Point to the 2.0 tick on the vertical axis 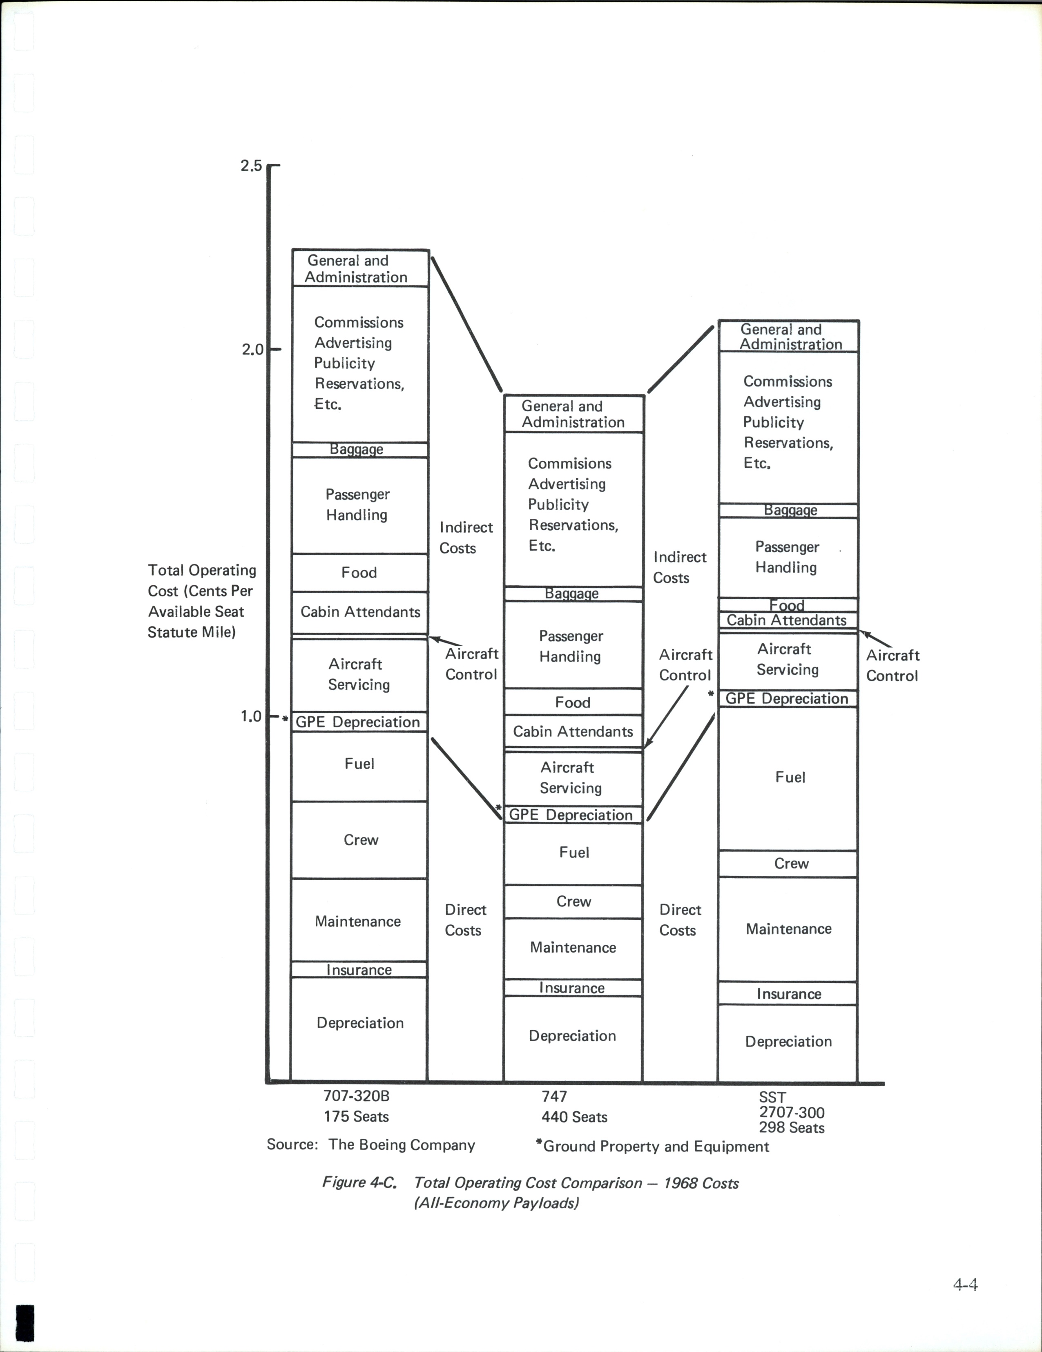pyautogui.click(x=252, y=350)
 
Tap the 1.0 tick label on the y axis pyautogui.click(x=251, y=717)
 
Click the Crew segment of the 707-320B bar pyautogui.click(x=360, y=840)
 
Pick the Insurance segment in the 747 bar pyautogui.click(x=573, y=988)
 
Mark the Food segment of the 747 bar pyautogui.click(x=573, y=703)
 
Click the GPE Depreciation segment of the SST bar pyautogui.click(x=788, y=699)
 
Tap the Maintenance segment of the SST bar pyautogui.click(x=788, y=929)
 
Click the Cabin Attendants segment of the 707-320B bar pyautogui.click(x=360, y=612)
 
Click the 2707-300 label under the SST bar pyautogui.click(x=791, y=1112)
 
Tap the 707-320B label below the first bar pyautogui.click(x=357, y=1096)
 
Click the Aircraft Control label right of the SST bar pyautogui.click(x=892, y=665)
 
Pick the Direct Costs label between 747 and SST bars pyautogui.click(x=679, y=920)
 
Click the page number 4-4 pyautogui.click(x=965, y=1285)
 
